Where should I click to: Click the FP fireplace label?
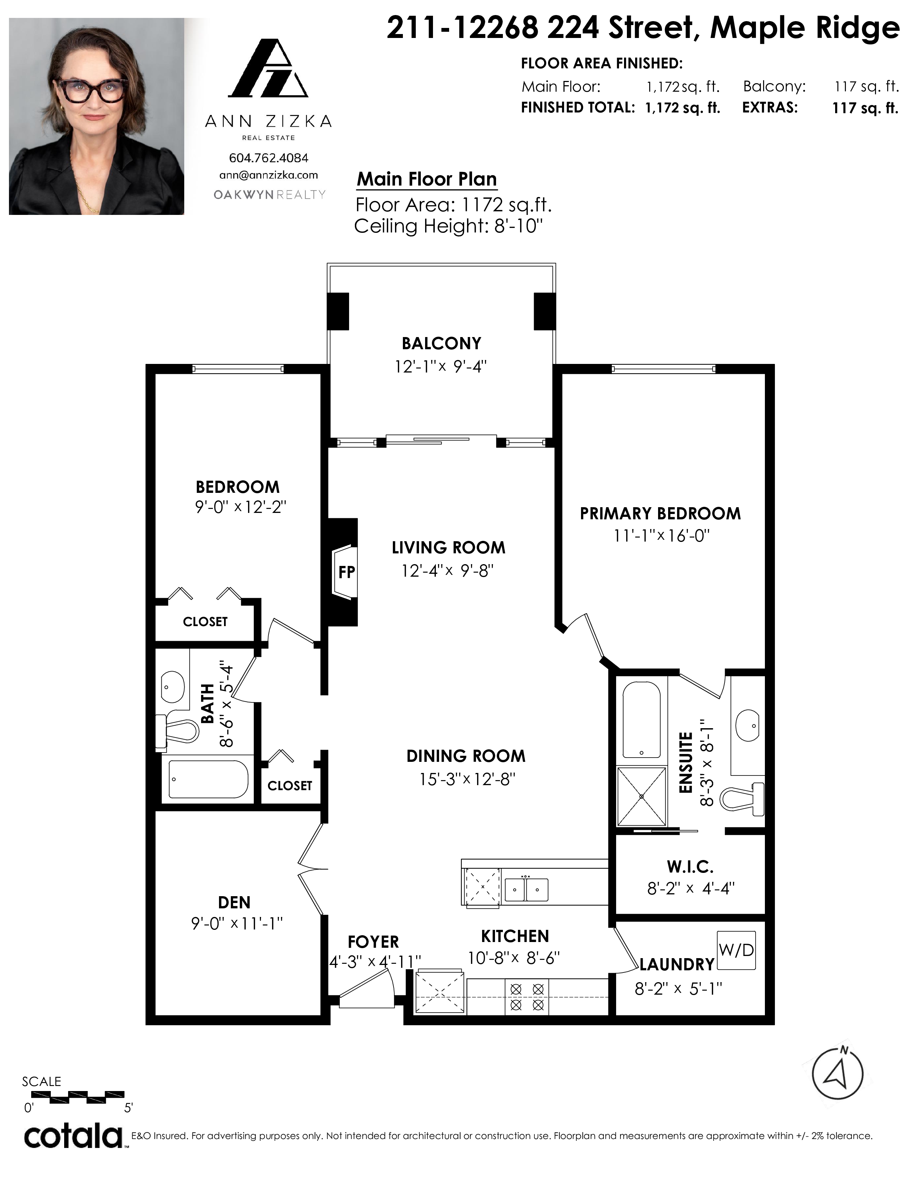[347, 572]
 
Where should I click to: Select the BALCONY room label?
[441, 343]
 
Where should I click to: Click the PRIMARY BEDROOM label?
[660, 514]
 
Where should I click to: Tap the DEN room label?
[234, 902]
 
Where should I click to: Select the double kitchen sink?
[526, 890]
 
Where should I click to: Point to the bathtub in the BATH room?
[209, 779]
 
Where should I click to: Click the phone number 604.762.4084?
[268, 158]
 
